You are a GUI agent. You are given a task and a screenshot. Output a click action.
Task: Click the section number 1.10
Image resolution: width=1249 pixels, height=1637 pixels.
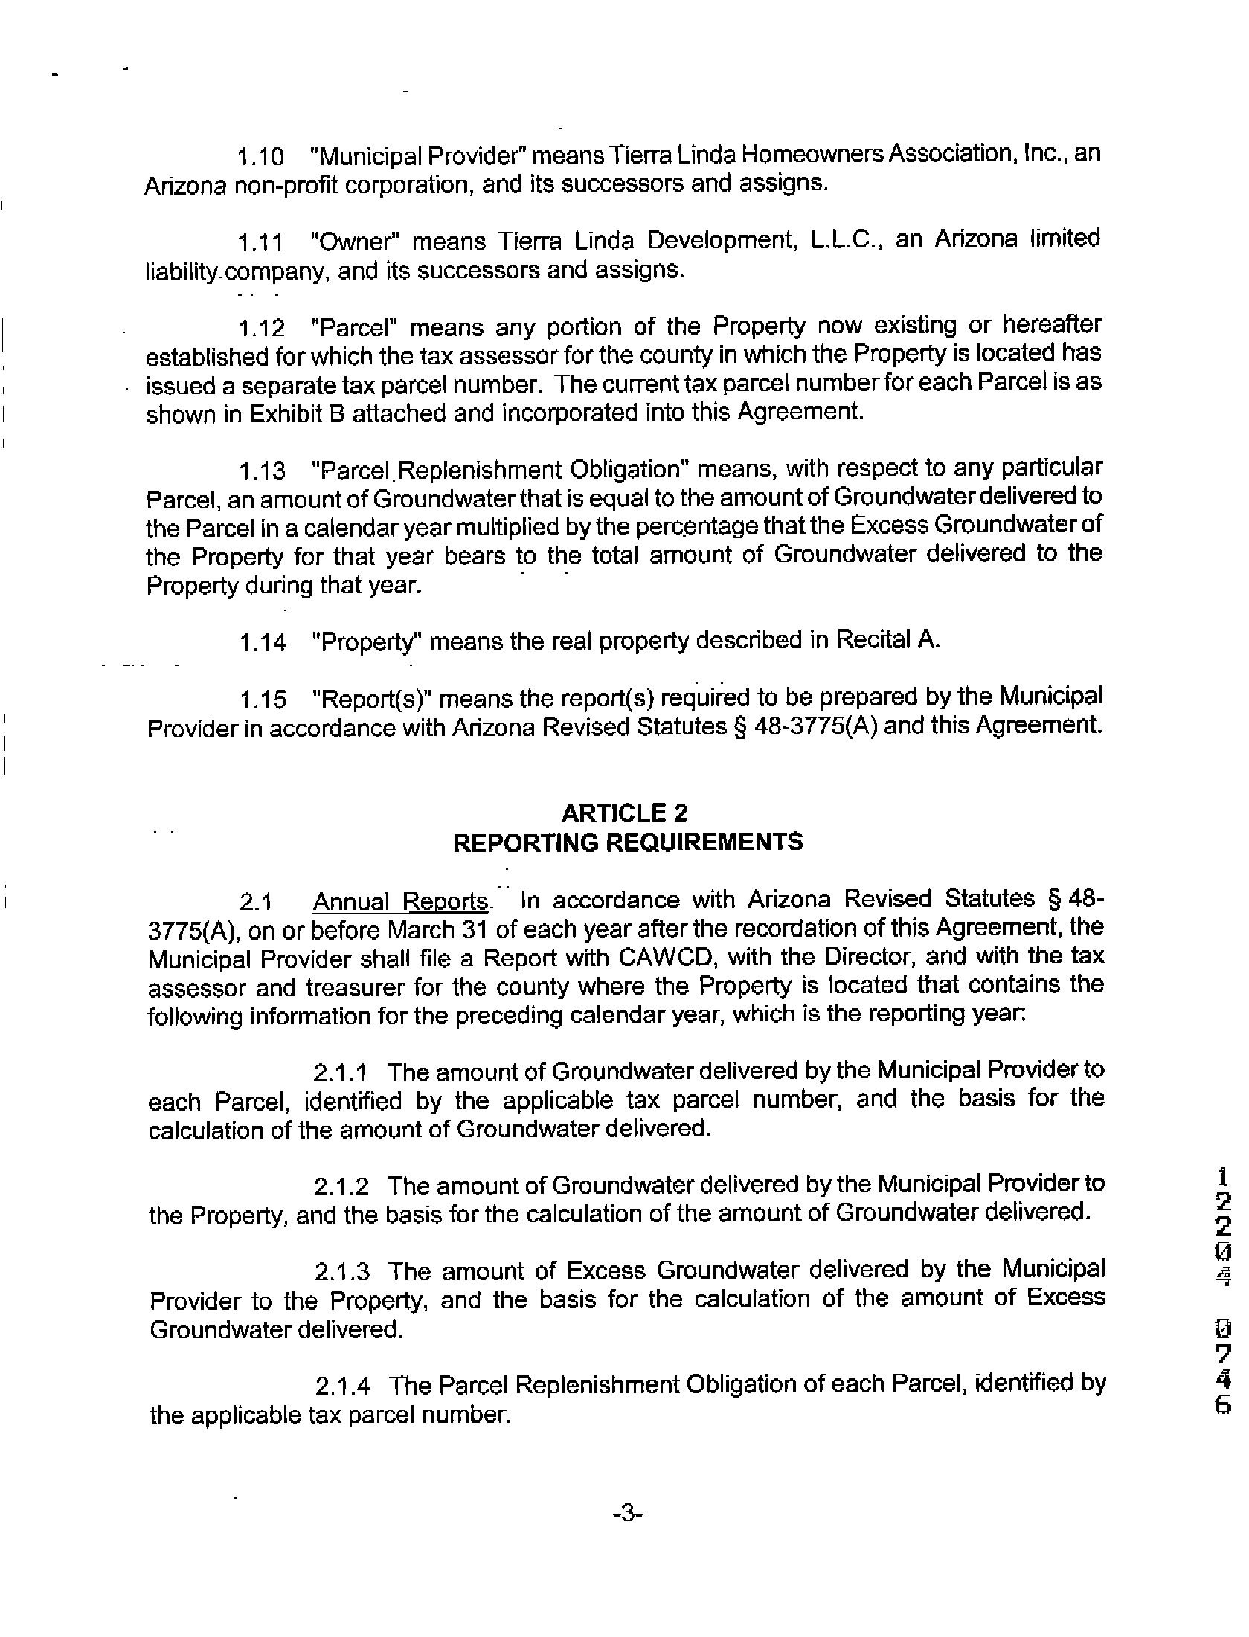click(x=260, y=158)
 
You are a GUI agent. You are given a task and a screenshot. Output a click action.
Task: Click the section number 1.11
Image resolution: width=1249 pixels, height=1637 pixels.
click(x=260, y=243)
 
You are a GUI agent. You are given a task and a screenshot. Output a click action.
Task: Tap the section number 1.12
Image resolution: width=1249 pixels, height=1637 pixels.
click(x=261, y=329)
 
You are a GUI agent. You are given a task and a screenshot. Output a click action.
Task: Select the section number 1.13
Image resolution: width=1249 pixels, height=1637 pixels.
click(x=262, y=471)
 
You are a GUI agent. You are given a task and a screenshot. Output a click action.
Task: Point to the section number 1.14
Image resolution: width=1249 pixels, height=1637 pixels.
click(x=263, y=643)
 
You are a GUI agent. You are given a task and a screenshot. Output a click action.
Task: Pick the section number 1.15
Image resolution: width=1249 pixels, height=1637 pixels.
click(x=263, y=700)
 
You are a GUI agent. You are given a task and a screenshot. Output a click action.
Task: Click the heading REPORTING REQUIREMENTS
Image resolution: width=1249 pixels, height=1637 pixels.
click(x=628, y=842)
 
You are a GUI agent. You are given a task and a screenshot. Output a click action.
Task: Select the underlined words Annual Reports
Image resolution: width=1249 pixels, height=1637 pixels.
click(x=401, y=902)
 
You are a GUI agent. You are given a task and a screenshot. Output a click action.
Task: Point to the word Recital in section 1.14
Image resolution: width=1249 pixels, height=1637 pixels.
click(x=873, y=640)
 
